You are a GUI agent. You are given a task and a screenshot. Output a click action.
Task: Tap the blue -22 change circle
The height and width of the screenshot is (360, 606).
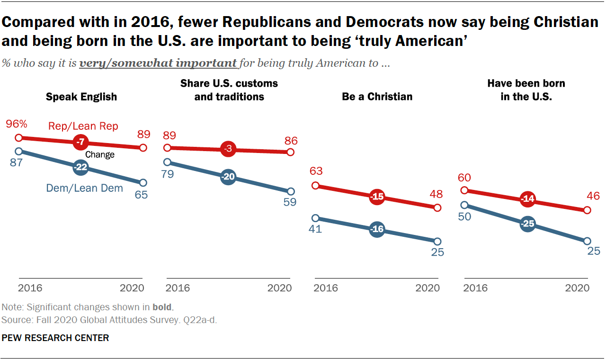point(81,167)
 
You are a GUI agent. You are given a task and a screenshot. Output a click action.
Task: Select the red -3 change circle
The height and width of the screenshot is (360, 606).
point(228,150)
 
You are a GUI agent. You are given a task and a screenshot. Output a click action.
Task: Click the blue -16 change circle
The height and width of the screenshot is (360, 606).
point(377,230)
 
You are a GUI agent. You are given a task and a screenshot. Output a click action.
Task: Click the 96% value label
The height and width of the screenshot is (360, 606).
point(17,125)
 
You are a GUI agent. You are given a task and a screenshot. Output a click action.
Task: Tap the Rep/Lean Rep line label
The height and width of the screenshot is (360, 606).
point(83,126)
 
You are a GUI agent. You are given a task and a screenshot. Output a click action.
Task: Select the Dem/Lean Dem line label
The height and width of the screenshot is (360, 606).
point(84,188)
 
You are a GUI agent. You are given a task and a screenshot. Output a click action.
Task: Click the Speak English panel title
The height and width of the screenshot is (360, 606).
point(81,97)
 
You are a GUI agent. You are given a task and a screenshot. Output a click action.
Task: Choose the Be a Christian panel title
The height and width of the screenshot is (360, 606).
point(377,97)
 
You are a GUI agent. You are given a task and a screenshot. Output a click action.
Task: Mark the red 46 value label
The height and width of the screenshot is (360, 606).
point(593,196)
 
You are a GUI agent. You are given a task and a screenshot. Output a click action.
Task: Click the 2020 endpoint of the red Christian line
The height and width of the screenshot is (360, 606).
point(437,208)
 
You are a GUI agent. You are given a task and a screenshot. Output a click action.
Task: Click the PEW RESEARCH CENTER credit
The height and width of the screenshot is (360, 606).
point(55,338)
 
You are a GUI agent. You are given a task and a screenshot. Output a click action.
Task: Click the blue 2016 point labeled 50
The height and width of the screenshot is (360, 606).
point(464,205)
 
